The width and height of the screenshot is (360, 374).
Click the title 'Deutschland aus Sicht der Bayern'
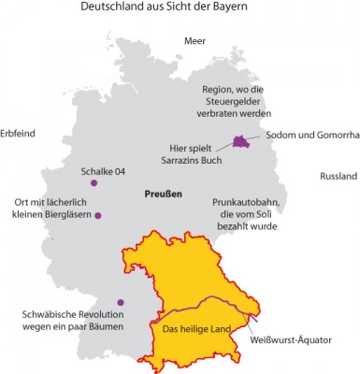click(180, 12)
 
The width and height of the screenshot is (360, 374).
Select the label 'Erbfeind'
click(18, 133)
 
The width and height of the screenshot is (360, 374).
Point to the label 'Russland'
click(338, 176)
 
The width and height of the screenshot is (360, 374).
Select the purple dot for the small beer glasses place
click(98, 216)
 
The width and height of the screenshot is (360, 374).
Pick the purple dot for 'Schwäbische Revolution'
click(120, 301)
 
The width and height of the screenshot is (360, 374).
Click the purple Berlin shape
click(242, 140)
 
